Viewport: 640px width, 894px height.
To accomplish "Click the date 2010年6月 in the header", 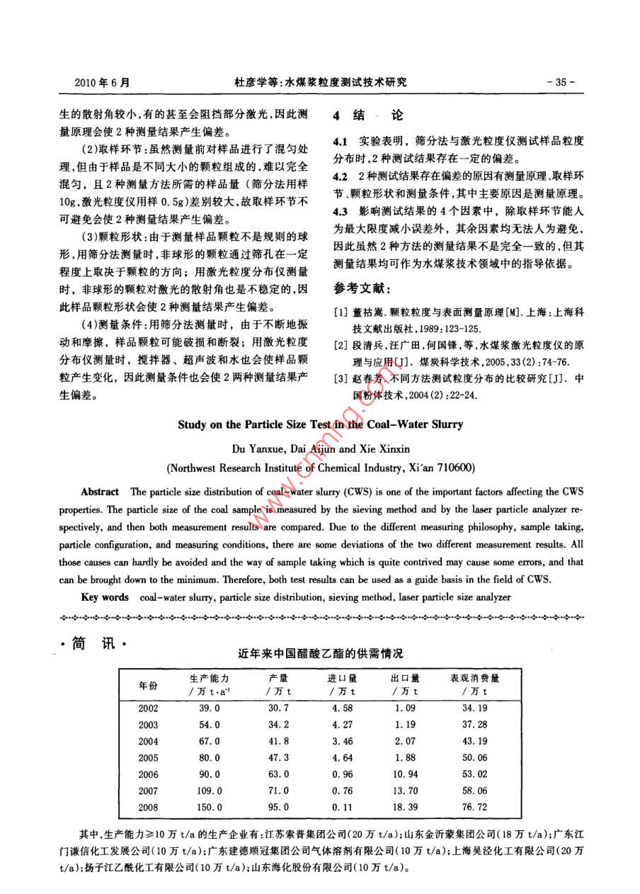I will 102,82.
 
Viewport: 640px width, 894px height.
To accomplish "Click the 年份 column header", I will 147,685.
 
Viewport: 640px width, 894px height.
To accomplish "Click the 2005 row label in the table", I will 148,757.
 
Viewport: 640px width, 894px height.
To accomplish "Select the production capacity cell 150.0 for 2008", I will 210,807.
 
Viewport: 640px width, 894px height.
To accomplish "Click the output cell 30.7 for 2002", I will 278,708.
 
